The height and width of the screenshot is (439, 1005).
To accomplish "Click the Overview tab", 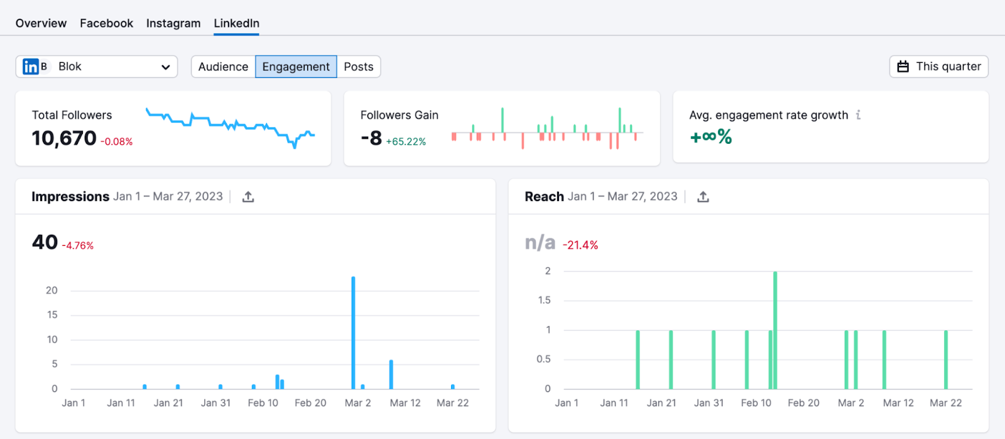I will pos(41,23).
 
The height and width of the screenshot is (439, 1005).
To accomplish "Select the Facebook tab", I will pos(106,23).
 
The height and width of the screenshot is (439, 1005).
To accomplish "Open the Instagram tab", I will pos(173,23).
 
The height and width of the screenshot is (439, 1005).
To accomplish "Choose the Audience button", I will pos(223,67).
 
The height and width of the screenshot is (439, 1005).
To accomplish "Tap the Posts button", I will pos(359,67).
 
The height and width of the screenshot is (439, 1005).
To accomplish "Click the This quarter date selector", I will pos(939,67).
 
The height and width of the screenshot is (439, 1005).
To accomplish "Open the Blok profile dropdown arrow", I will pos(165,67).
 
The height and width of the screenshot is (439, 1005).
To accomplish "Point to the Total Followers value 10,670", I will pos(64,138).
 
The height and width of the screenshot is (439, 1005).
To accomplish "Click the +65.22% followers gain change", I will pos(406,142).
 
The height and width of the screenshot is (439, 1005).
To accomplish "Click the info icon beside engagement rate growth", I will pos(858,115).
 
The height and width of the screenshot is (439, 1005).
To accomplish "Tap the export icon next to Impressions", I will pos(248,197).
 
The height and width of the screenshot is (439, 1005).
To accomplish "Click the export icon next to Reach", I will pos(703,197).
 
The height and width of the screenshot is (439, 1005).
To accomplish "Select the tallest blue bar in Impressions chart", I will pos(353,333).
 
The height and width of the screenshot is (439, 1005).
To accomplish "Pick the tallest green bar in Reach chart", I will pos(775,330).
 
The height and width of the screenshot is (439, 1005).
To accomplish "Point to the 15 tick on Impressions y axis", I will pos(52,315).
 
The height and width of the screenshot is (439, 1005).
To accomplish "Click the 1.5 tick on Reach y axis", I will pos(544,300).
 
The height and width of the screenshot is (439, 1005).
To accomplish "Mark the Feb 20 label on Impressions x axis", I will pos(310,403).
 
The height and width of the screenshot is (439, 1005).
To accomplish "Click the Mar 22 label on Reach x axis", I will pos(945,403).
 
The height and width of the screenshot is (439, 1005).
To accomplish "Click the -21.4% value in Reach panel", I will pos(580,245).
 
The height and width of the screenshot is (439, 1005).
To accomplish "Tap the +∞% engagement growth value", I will pos(711,136).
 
